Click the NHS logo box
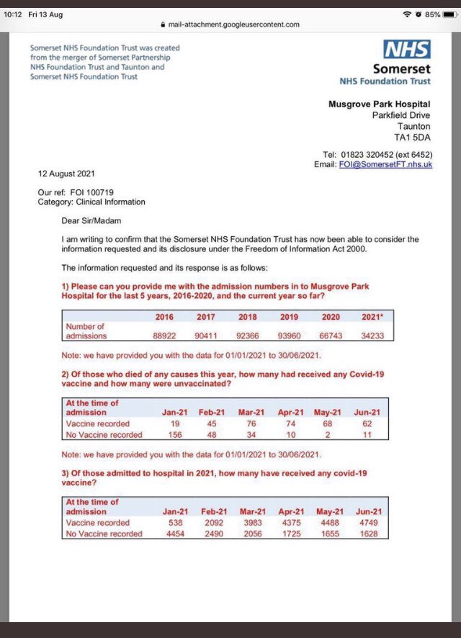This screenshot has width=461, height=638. pos(408,49)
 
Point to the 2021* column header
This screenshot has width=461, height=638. pos(373,317)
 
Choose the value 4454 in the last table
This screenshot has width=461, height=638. pos(176,534)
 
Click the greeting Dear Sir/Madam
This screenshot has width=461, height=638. pos(91,220)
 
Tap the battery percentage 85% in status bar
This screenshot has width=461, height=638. pos(433,14)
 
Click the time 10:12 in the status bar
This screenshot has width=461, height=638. pos(14,14)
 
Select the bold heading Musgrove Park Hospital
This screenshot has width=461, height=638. pos(380,105)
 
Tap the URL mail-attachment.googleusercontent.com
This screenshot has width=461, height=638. pos(233,24)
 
